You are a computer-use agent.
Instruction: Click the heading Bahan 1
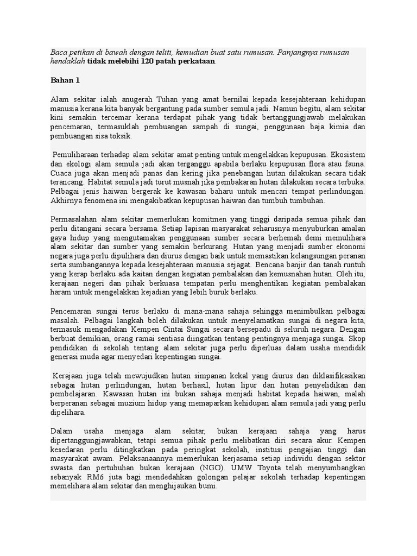pos(65,80)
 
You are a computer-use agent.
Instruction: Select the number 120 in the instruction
pos(147,61)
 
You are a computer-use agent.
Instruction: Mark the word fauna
pos(355,163)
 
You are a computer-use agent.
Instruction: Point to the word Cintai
pos(206,329)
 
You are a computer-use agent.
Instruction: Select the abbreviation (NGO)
pos(215,467)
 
